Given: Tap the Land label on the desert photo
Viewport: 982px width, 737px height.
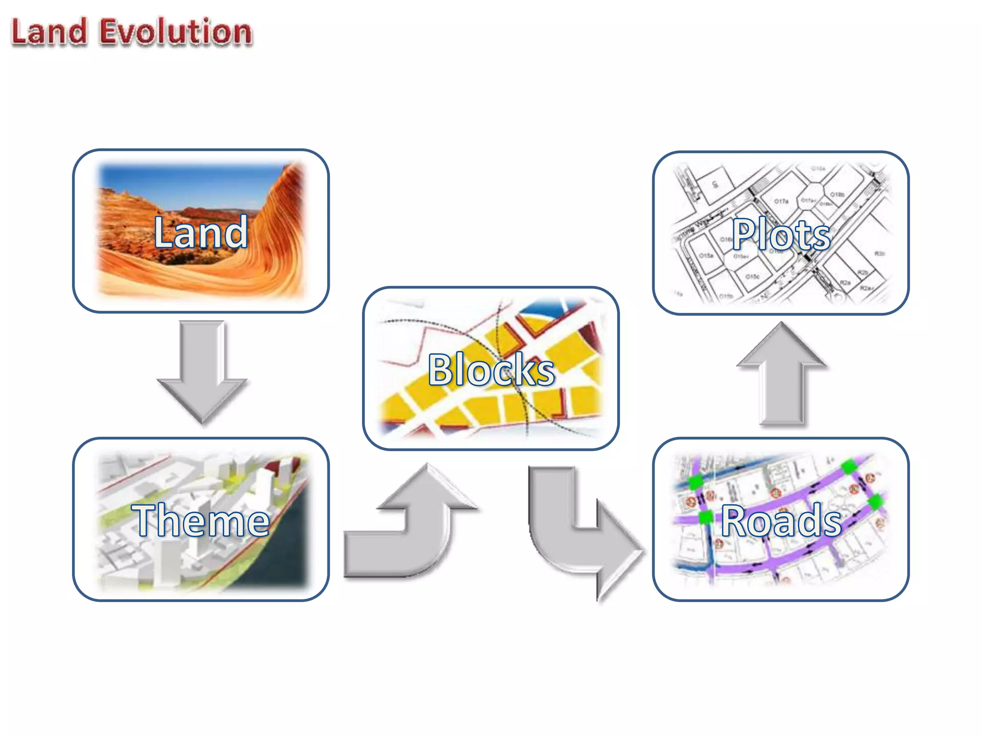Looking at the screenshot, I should [201, 232].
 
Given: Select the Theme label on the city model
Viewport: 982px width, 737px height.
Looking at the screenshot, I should [201, 520].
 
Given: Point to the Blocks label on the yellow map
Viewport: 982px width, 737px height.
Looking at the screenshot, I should [491, 369].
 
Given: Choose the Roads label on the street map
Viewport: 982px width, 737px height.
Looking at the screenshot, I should [781, 520].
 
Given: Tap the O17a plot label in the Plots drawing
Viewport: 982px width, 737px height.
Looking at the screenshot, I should [781, 201].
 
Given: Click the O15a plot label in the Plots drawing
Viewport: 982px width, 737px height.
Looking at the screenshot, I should [706, 256].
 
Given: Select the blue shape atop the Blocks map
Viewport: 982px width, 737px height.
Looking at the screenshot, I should [542, 312].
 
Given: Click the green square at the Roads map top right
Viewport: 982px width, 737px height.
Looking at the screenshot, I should [849, 466].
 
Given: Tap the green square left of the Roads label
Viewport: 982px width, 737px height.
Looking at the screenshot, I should [706, 517].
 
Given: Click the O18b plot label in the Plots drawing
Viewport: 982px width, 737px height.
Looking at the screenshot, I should [837, 194].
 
